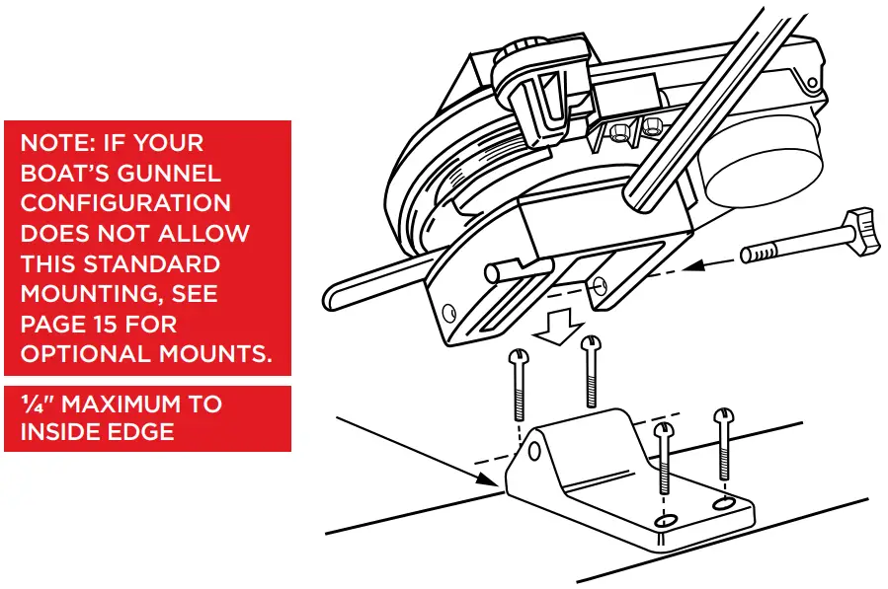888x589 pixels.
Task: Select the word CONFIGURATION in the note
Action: [x=126, y=203]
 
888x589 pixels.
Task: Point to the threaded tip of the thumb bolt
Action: [x=756, y=255]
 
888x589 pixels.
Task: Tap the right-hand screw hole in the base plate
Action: [x=725, y=504]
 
